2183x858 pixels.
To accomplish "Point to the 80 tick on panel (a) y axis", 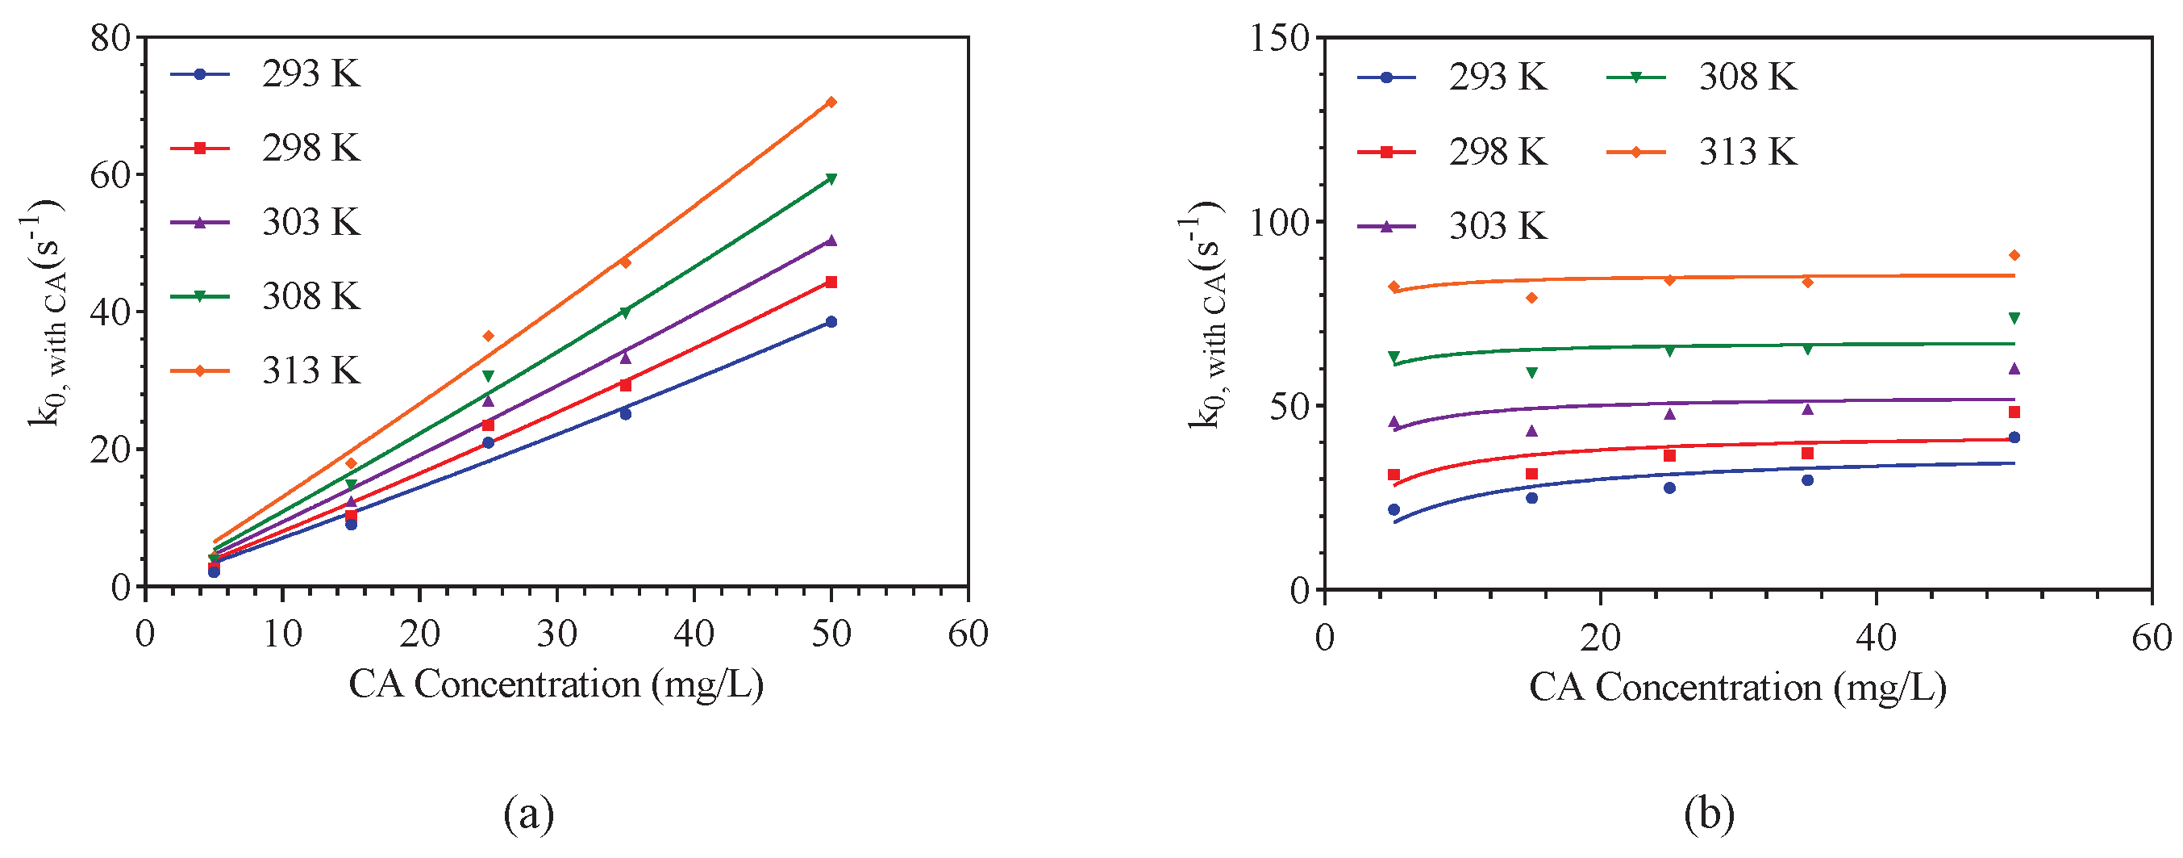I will pyautogui.click(x=110, y=37).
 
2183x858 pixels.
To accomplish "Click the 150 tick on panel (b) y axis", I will pyautogui.click(x=1280, y=37).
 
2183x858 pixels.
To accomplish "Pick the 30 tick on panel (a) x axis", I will pyautogui.click(x=556, y=634).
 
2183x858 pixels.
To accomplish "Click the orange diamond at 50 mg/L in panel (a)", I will pyautogui.click(x=831, y=102).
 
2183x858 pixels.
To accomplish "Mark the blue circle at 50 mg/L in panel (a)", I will pyautogui.click(x=831, y=321).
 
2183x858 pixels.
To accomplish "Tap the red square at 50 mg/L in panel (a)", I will pyautogui.click(x=831, y=282).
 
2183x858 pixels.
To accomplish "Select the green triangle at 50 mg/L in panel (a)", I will pyautogui.click(x=831, y=179).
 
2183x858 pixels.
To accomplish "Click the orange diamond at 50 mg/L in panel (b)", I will pyautogui.click(x=2014, y=255).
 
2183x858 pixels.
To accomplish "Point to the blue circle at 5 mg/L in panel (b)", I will pyautogui.click(x=1394, y=509).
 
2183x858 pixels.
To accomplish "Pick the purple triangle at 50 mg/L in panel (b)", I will pyautogui.click(x=2014, y=368).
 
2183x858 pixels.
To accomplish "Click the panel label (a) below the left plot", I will pyautogui.click(x=529, y=814).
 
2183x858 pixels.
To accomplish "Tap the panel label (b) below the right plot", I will pyautogui.click(x=1709, y=814).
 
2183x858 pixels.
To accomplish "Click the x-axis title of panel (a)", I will pyautogui.click(x=556, y=684).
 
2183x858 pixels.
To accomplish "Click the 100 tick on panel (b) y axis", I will pyautogui.click(x=1280, y=222).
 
